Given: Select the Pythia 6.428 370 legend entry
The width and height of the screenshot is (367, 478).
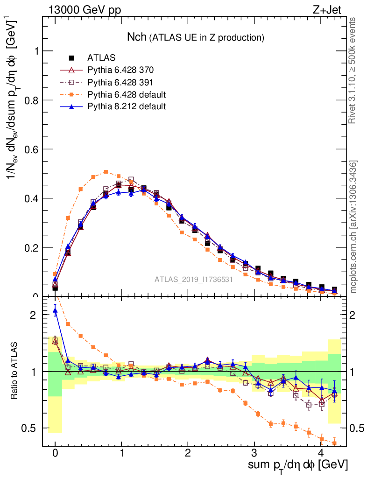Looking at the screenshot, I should pos(120,70).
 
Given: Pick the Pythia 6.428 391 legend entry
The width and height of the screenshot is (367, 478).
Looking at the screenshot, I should pos(120,82).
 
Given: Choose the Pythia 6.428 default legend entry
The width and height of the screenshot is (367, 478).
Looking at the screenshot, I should pos(127,94).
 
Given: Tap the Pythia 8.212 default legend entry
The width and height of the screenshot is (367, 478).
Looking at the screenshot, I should pos(127,106).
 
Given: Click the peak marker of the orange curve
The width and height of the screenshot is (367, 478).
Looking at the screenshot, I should pos(106,172).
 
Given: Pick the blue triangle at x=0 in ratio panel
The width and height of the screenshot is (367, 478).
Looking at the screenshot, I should pos(55,310).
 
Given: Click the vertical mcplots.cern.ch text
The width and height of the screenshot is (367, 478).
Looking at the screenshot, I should pos(354,226).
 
